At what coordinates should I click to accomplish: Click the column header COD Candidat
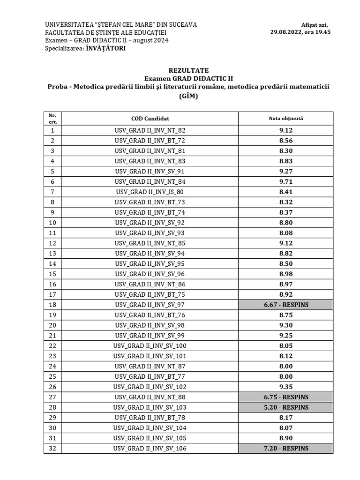pyautogui.click(x=150, y=119)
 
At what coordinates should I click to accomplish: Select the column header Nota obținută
pyautogui.click(x=286, y=119)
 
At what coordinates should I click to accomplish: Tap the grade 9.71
pyautogui.click(x=286, y=181)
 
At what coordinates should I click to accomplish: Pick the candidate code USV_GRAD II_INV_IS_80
pyautogui.click(x=150, y=192)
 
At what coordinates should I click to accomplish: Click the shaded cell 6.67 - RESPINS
pyautogui.click(x=286, y=305)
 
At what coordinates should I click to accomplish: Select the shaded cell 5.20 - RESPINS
pyautogui.click(x=286, y=407)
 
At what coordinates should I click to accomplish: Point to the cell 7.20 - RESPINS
pyautogui.click(x=286, y=449)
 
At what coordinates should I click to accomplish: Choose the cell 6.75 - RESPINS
pyautogui.click(x=286, y=397)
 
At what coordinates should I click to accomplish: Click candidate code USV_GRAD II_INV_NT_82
pyautogui.click(x=150, y=130)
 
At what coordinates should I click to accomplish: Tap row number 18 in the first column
pyautogui.click(x=52, y=305)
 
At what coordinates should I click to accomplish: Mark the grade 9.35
pyautogui.click(x=286, y=387)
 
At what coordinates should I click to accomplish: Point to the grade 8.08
pyautogui.click(x=286, y=233)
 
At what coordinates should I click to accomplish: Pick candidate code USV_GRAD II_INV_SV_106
pyautogui.click(x=150, y=449)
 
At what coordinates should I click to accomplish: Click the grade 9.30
pyautogui.click(x=286, y=325)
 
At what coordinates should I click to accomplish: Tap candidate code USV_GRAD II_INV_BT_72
pyautogui.click(x=150, y=141)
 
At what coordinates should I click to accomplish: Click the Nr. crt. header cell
pyautogui.click(x=52, y=118)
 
